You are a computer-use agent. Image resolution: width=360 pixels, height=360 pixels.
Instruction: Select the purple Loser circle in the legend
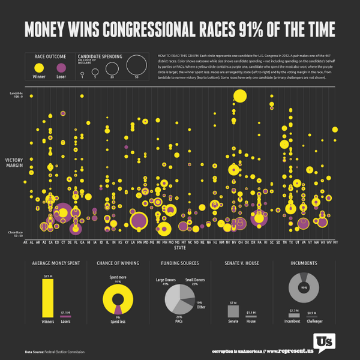(61, 68)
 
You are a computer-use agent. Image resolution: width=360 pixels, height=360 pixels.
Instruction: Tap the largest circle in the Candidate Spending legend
(136, 65)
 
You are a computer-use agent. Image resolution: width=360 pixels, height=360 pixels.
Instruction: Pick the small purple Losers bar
(66, 316)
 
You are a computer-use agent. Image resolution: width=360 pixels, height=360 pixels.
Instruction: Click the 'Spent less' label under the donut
(118, 321)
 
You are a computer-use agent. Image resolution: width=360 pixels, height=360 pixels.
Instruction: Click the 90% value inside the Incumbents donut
(304, 289)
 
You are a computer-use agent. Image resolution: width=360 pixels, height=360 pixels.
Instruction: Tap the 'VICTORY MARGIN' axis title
(15, 163)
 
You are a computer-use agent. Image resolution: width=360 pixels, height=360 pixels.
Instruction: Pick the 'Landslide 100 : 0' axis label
(15, 95)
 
